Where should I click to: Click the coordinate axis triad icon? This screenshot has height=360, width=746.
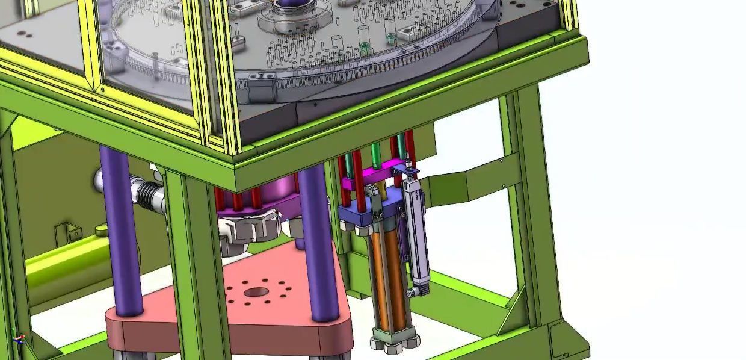click(19, 338)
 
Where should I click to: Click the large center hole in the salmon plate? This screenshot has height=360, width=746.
click(256, 293)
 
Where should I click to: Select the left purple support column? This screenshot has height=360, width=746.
click(120, 229)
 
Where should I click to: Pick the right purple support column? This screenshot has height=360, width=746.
click(318, 241)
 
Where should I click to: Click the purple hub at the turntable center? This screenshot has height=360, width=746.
click(290, 8)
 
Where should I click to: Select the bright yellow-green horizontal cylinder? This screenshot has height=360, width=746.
click(66, 259)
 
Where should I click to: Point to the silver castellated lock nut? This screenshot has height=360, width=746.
click(247, 229)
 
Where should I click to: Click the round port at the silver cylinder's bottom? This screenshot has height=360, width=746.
click(412, 293)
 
